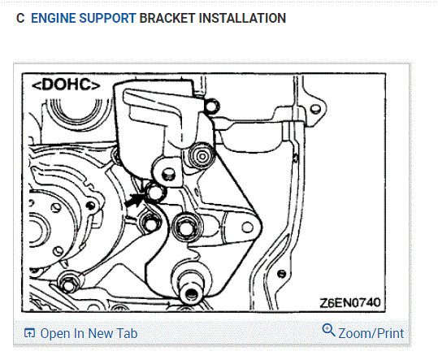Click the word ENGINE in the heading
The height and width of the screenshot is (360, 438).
click(x=54, y=18)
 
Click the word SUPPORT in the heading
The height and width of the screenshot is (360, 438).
click(x=107, y=18)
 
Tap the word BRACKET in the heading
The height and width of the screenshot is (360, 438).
click(x=167, y=18)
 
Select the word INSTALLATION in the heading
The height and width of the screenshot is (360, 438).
click(x=242, y=18)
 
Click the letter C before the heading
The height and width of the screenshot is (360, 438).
click(x=20, y=18)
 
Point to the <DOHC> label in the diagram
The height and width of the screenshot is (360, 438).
click(x=66, y=85)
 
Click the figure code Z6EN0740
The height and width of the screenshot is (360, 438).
click(x=350, y=302)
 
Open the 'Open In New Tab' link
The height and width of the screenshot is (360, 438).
click(x=89, y=333)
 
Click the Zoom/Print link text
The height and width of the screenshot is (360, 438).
click(x=371, y=333)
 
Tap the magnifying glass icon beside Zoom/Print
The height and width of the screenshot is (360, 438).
click(x=328, y=330)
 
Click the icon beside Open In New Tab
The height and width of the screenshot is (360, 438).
click(x=29, y=333)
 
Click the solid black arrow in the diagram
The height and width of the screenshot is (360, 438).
click(x=135, y=200)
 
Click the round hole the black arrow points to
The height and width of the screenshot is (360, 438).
click(x=155, y=192)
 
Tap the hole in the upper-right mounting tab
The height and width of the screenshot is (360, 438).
click(x=315, y=109)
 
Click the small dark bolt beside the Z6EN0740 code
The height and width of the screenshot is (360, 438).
click(x=281, y=274)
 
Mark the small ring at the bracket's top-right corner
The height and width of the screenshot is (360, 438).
click(x=212, y=106)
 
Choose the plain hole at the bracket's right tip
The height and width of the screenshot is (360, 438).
click(x=247, y=228)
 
